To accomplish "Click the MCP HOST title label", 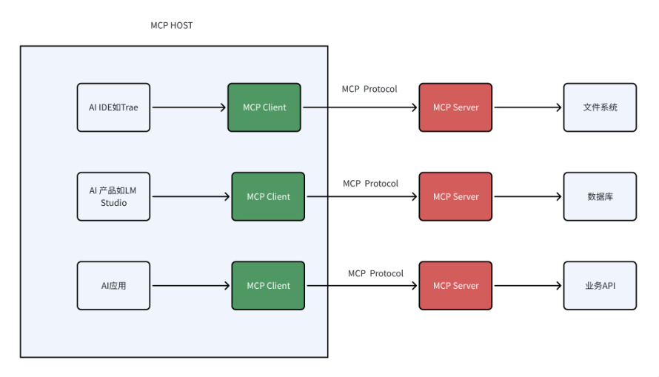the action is pyautogui.click(x=172, y=26).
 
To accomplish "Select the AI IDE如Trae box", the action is pyautogui.click(x=113, y=107).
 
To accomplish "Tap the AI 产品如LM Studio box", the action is pyautogui.click(x=113, y=196).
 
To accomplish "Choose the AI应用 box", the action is pyautogui.click(x=113, y=286).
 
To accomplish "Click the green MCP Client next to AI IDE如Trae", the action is pyautogui.click(x=264, y=107).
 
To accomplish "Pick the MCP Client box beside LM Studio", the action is pyautogui.click(x=268, y=196).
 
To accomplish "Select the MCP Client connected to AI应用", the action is pyautogui.click(x=268, y=286).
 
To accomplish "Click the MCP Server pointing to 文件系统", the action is pyautogui.click(x=455, y=107).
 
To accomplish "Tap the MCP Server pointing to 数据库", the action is pyautogui.click(x=455, y=196).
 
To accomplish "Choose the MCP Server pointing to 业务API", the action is pyautogui.click(x=455, y=286).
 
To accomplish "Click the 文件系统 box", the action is pyautogui.click(x=601, y=107).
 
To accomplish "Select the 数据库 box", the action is pyautogui.click(x=601, y=196).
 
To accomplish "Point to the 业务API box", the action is pyautogui.click(x=601, y=286).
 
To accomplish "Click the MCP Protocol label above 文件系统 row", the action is pyautogui.click(x=369, y=89).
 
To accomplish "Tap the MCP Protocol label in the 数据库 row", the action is pyautogui.click(x=370, y=184).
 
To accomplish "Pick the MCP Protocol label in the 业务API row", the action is pyautogui.click(x=375, y=273).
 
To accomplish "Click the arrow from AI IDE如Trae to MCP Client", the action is pyautogui.click(x=189, y=107).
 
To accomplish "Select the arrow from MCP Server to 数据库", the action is pyautogui.click(x=528, y=197).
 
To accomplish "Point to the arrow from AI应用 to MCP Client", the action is pyautogui.click(x=191, y=286).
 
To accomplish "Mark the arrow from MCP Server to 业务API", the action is pyautogui.click(x=528, y=286).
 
